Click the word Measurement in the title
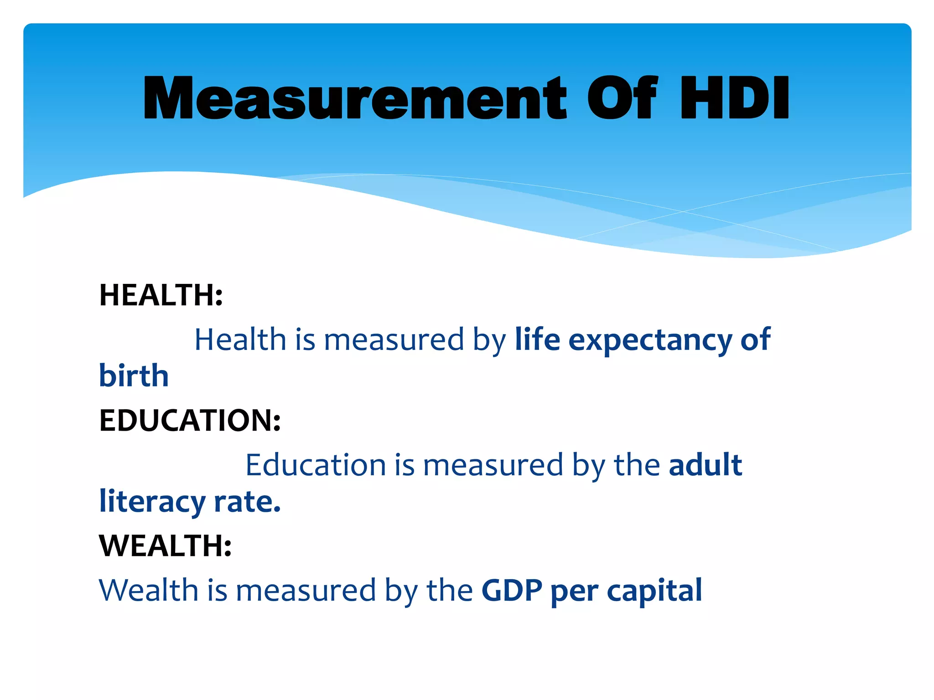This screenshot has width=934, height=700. click(x=355, y=98)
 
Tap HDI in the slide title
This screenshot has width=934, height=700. click(x=735, y=98)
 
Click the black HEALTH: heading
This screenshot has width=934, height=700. click(x=161, y=295)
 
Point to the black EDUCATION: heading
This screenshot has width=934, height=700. click(x=190, y=420)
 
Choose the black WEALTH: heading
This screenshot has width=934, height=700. click(x=165, y=546)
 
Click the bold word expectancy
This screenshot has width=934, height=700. click(x=650, y=341)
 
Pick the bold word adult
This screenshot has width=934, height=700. click(x=705, y=465)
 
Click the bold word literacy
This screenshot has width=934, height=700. click(x=152, y=502)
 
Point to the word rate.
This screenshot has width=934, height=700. click(x=247, y=502)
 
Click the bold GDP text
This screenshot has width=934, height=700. click(x=512, y=591)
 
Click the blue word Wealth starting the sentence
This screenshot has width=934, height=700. click(x=148, y=591)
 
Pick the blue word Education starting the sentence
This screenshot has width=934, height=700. click(x=316, y=465)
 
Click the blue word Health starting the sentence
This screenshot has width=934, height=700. click(x=240, y=340)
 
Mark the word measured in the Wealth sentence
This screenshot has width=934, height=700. click(x=306, y=591)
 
